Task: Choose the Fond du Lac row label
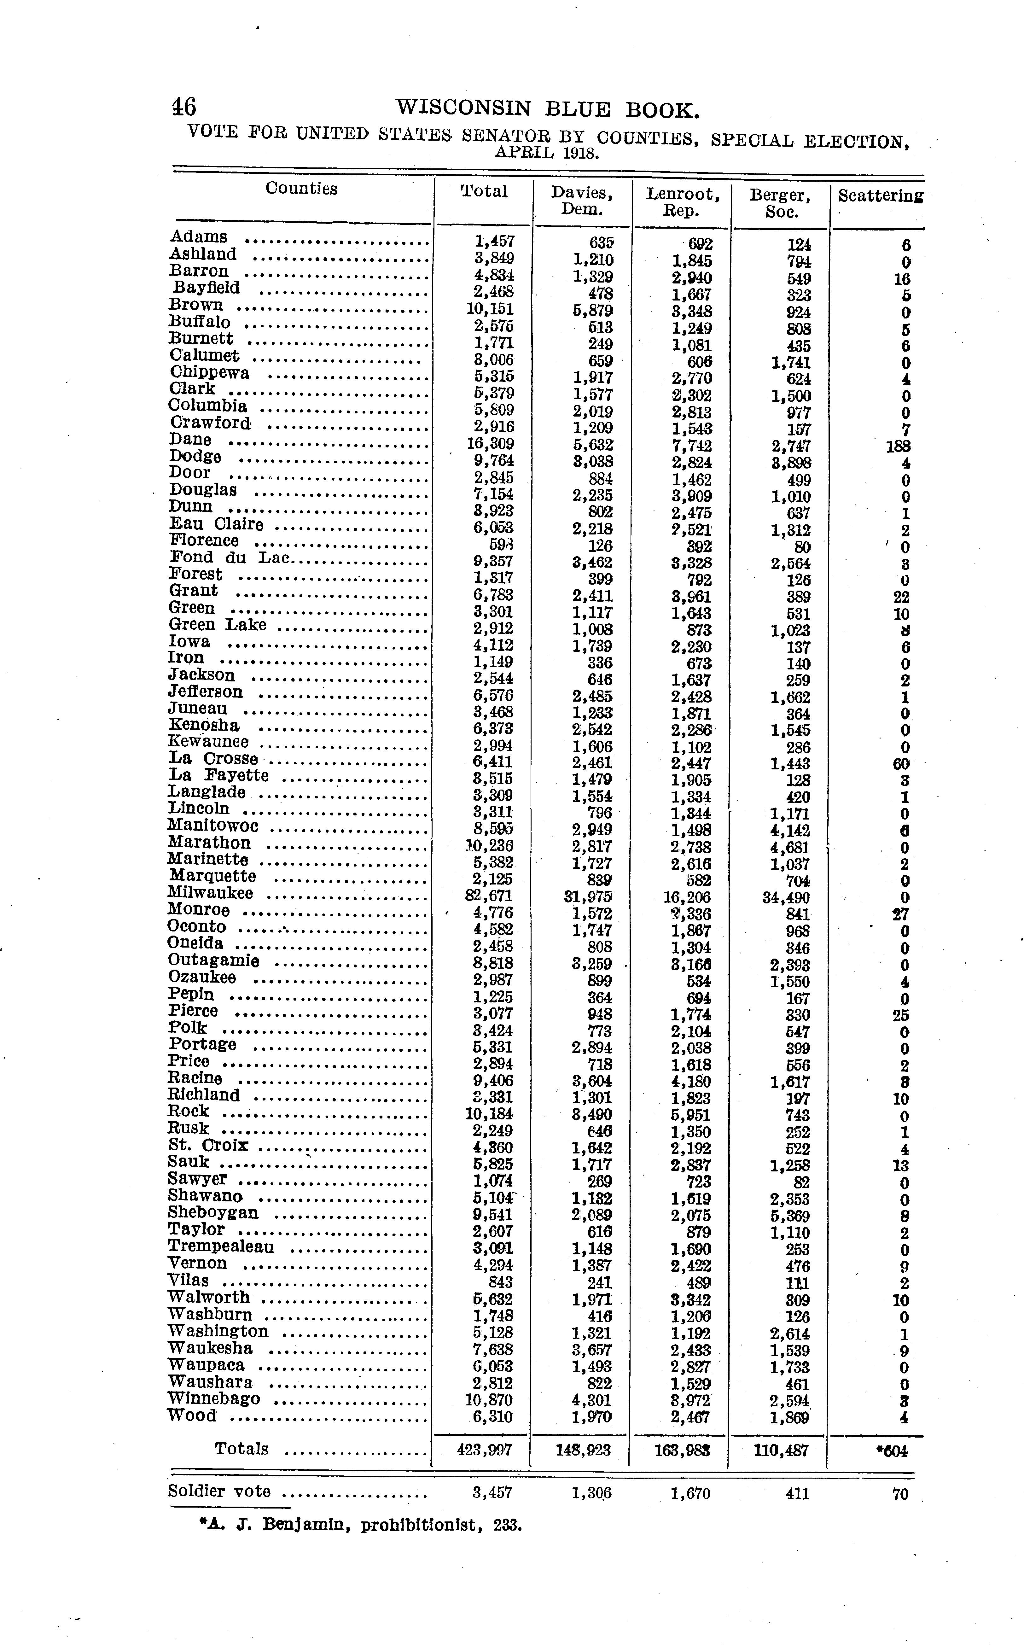229,557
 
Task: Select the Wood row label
192,1416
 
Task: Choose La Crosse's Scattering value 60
900,764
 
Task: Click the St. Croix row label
208,1145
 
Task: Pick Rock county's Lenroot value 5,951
691,1115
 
